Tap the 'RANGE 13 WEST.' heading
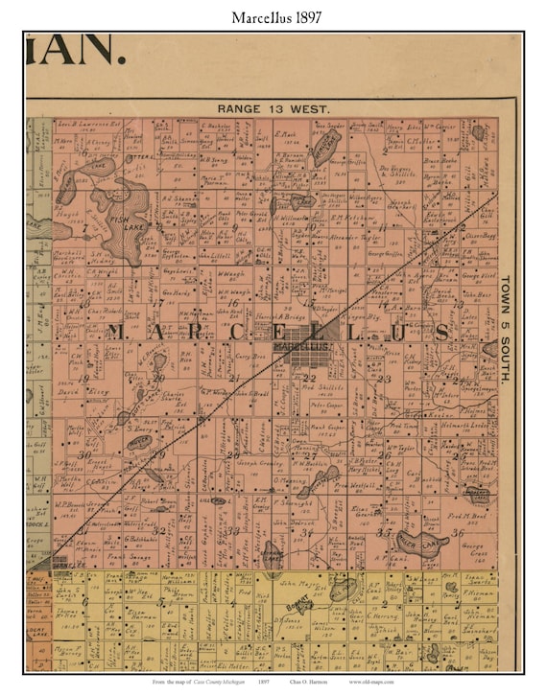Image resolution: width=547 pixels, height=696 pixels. [273, 109]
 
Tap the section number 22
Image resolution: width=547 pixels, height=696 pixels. [309, 378]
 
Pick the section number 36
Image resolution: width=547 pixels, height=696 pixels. [458, 533]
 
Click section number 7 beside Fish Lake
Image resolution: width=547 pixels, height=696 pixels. [84, 228]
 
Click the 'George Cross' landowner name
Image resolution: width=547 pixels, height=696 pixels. [469, 553]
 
